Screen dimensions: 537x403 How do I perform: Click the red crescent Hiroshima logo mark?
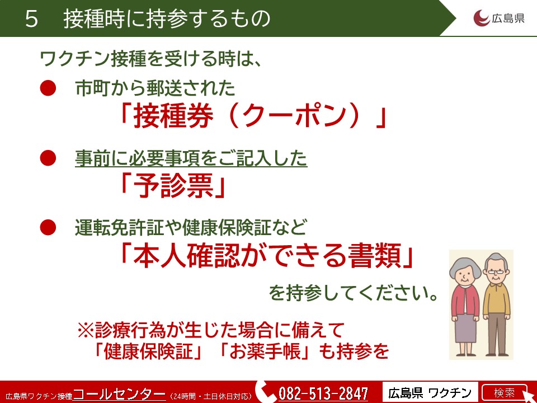click(x=481, y=18)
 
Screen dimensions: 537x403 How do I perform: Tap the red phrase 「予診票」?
click(x=172, y=186)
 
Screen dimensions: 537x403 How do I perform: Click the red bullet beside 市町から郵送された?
click(x=48, y=88)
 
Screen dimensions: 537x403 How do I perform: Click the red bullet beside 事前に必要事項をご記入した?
click(x=48, y=158)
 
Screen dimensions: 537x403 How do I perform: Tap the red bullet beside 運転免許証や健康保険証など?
click(x=48, y=227)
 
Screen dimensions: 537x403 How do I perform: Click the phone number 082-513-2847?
click(x=323, y=393)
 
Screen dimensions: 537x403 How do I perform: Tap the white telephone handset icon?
click(x=266, y=392)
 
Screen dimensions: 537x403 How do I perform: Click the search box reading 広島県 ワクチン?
click(x=430, y=392)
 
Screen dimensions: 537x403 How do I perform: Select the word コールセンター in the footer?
click(x=119, y=393)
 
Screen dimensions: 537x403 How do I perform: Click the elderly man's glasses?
click(x=496, y=272)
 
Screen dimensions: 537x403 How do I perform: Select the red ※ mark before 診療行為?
click(x=86, y=331)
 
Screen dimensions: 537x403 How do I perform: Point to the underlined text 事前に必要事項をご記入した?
click(x=191, y=158)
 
